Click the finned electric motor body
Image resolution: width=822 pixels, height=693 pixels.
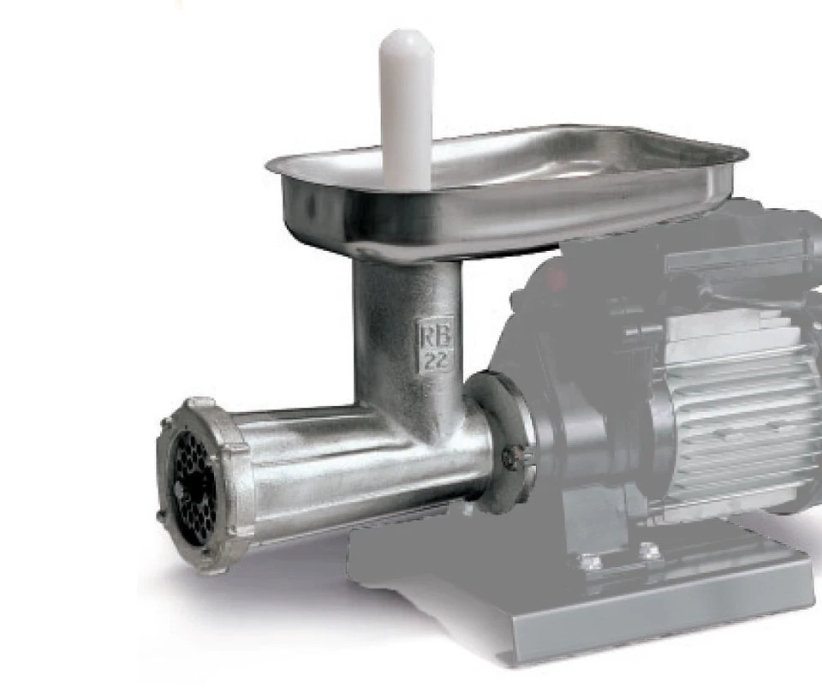click(x=736, y=411)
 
